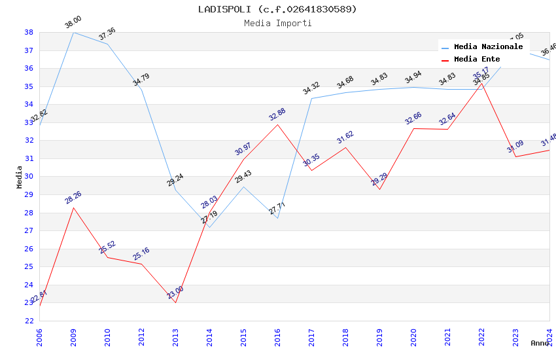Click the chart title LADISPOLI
pos(277,9)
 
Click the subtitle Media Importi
pos(277,23)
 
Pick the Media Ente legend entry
pos(476,60)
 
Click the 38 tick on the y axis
pos(29,32)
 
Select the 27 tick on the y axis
pos(29,230)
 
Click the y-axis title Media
pos(20,177)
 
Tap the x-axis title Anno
pos(540,343)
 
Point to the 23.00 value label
pos(175,293)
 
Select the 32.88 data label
pos(277,115)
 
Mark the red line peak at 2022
pos(481,83)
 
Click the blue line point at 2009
pos(73,32)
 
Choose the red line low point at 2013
pos(175,302)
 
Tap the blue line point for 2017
pos(311,98)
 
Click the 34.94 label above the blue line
pos(413,79)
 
